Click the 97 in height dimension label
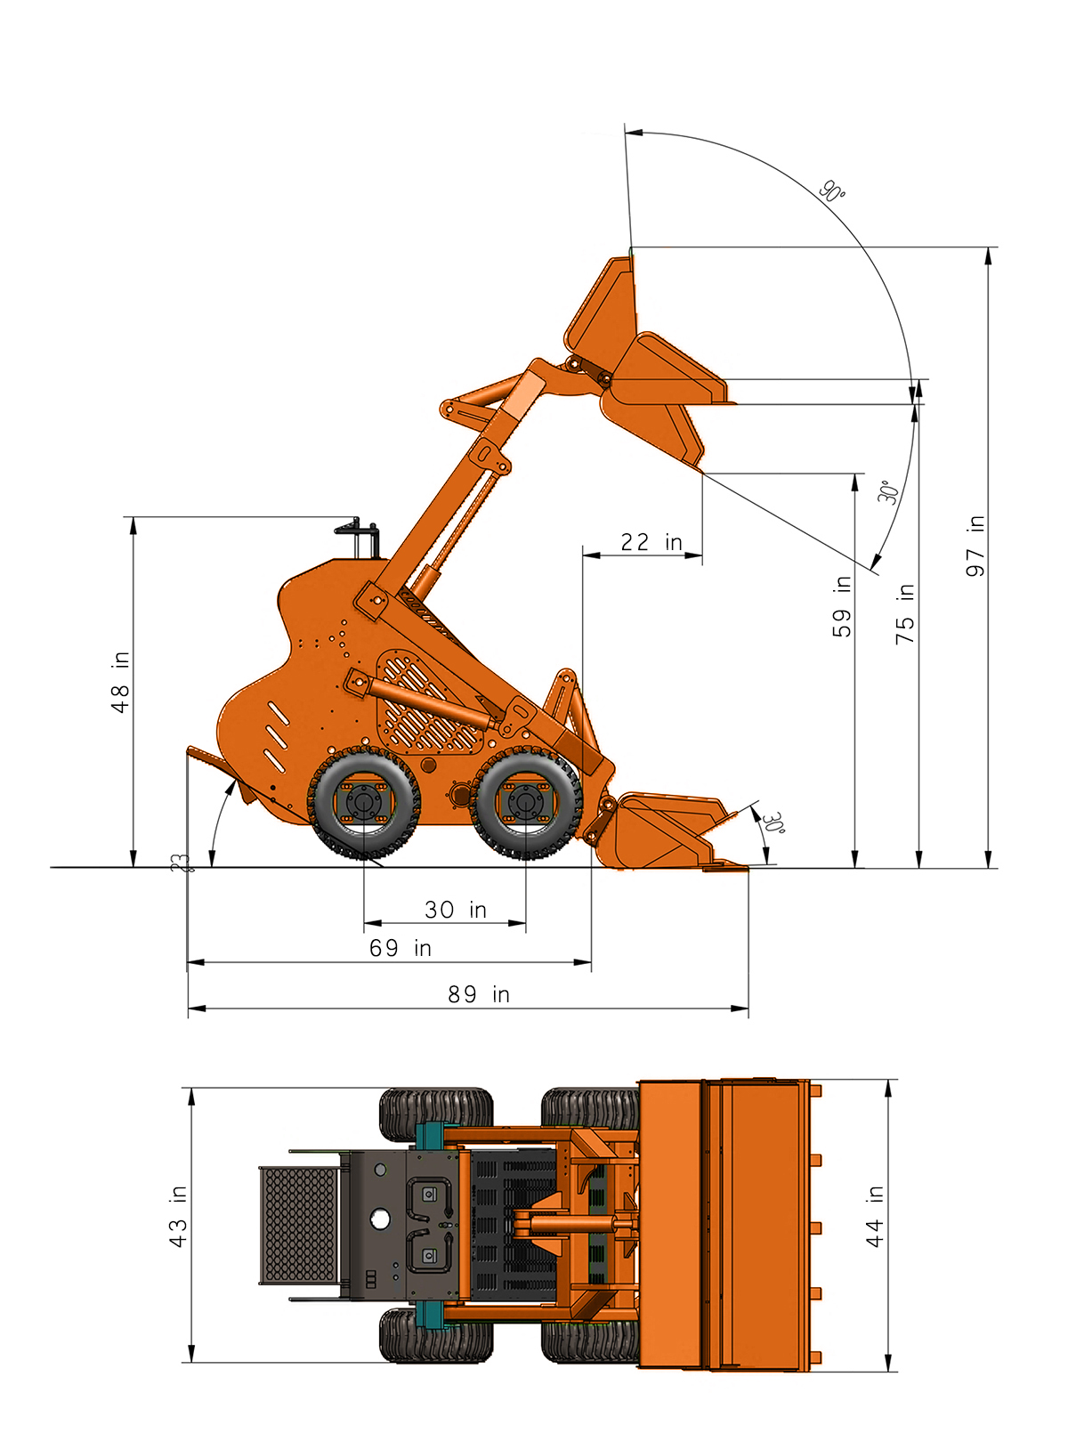[975, 546]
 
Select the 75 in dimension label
[905, 614]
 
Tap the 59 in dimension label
[841, 607]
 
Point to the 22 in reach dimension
[651, 542]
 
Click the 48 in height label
[120, 683]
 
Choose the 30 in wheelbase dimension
[455, 910]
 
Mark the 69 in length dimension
[400, 948]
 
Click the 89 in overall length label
[479, 994]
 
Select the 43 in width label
[178, 1216]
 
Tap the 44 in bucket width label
[875, 1216]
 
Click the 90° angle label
[832, 191]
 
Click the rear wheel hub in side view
[364, 804]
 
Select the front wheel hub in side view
[525, 804]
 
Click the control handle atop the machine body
[360, 534]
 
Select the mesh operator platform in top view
[299, 1225]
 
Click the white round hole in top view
[380, 1219]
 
